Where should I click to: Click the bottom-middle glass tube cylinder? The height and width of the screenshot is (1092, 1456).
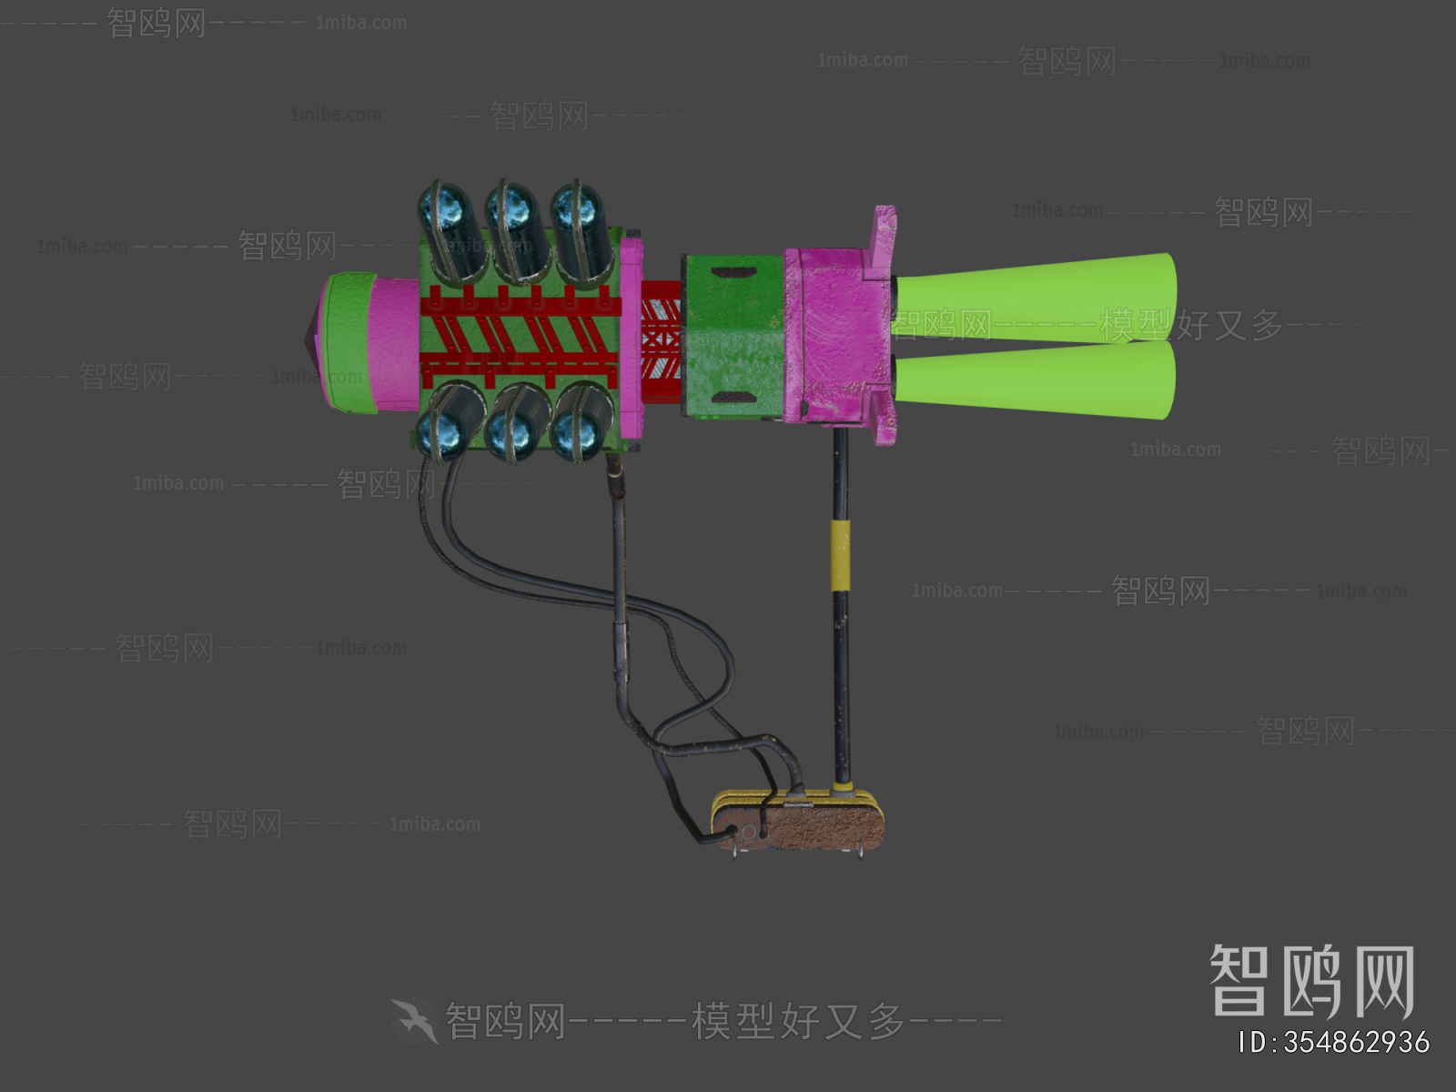(x=515, y=422)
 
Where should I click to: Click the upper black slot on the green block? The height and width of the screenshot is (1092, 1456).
(x=733, y=272)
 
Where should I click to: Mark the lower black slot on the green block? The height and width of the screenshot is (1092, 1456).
(x=731, y=398)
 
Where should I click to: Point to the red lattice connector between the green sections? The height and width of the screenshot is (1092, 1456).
(x=662, y=341)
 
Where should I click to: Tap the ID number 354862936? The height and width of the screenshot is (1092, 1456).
(x=1334, y=1043)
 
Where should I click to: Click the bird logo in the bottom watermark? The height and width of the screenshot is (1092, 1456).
(x=415, y=1020)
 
